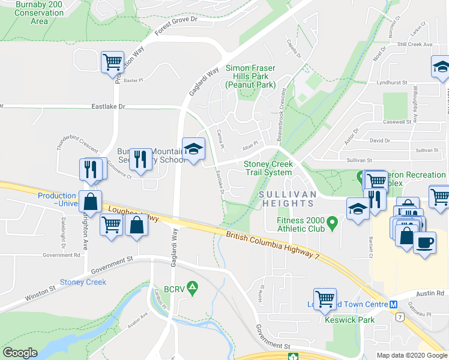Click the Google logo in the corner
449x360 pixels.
[x=20, y=353]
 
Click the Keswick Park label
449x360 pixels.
[x=349, y=320]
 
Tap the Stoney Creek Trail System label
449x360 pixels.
[x=267, y=169]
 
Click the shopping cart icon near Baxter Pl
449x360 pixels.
[x=112, y=61]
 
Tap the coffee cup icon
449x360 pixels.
[x=425, y=243]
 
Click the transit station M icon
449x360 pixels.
[x=393, y=304]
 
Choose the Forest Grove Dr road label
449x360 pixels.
[x=176, y=23]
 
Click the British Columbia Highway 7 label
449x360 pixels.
[x=273, y=245]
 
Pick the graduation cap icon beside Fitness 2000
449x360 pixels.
[x=357, y=209]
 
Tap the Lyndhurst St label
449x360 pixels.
[x=392, y=82]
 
